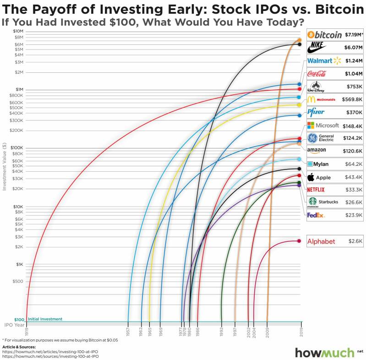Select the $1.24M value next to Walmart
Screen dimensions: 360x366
[x=354, y=60]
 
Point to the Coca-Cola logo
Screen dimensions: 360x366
[x=317, y=73]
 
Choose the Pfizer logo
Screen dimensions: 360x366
[x=316, y=112]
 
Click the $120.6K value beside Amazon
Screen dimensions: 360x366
[x=353, y=150]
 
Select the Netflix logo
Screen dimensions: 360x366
[x=316, y=189]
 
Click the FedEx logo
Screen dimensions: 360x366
[x=316, y=215]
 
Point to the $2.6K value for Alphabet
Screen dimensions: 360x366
[x=355, y=241]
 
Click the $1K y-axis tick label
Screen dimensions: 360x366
[x=19, y=264]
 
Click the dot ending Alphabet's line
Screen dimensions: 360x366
[x=299, y=241]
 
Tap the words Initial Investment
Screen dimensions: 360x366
[x=45, y=319]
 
